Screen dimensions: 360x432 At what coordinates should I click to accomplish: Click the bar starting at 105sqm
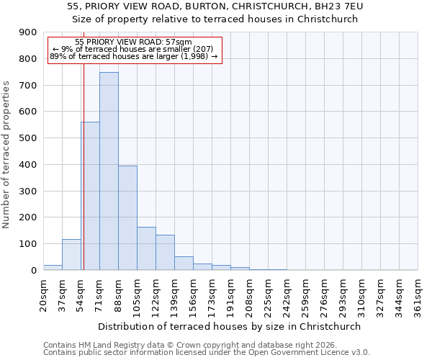pos(146,248)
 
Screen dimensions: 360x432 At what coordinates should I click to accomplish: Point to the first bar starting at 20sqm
pos(53,267)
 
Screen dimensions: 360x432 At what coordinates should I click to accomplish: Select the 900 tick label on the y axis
pos(28,32)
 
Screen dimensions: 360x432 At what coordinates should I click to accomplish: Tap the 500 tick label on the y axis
pos(28,138)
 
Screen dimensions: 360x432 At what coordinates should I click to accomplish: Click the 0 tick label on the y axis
pos(33,270)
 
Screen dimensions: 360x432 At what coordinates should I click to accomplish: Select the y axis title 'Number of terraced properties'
pos(6,155)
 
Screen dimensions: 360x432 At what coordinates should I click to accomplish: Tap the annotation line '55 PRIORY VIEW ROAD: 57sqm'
pos(134,42)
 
